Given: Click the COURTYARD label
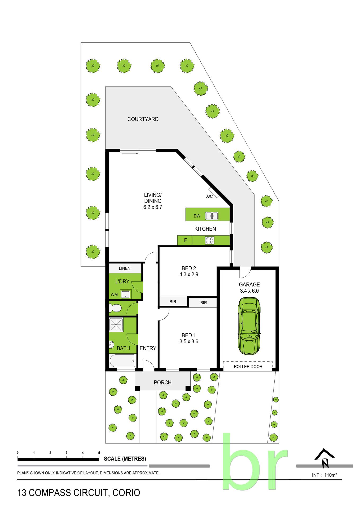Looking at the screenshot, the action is click(143, 119).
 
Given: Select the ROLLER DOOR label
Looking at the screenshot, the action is click(248, 367).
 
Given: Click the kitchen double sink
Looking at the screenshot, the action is click(212, 216).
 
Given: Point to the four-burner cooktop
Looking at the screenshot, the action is click(210, 240).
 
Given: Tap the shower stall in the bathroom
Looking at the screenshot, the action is click(116, 324).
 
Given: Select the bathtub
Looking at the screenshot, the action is click(122, 361).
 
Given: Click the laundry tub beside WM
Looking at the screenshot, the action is click(126, 294).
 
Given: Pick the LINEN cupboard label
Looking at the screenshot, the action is click(125, 268).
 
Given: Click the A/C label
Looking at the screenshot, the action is click(209, 196).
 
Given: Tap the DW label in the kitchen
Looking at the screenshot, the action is click(197, 216).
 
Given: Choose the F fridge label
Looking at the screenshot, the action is click(186, 240).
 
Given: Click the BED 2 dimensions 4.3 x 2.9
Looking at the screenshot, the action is click(189, 275).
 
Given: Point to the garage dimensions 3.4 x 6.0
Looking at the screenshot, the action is click(249, 291).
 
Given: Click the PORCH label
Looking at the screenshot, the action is click(163, 383).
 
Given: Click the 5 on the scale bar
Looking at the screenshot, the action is click(99, 453).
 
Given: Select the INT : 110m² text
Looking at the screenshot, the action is click(324, 475).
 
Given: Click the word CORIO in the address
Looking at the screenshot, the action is click(126, 493).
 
